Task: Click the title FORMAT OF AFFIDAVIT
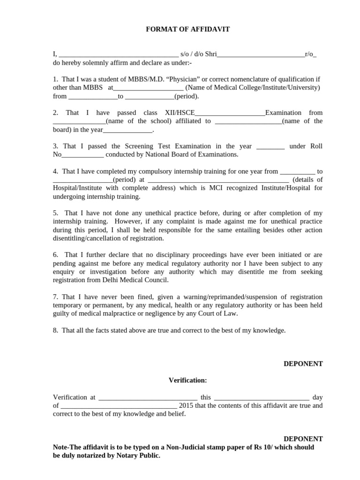pos(188,30)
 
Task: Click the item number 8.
pos(55,330)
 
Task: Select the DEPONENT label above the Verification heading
pos(303,364)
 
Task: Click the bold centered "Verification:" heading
pos(187,380)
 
